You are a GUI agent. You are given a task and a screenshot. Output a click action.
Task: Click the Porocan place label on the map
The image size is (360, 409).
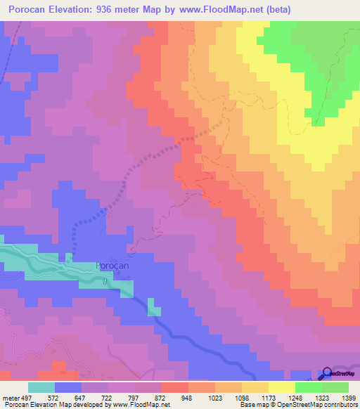click(x=111, y=266)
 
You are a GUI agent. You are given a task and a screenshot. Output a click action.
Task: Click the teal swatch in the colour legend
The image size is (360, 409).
click(x=41, y=388)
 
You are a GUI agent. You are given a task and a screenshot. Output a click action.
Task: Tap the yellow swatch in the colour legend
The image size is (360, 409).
click(x=282, y=388)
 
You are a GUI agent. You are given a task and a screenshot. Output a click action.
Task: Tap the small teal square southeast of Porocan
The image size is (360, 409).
click(x=154, y=311)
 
